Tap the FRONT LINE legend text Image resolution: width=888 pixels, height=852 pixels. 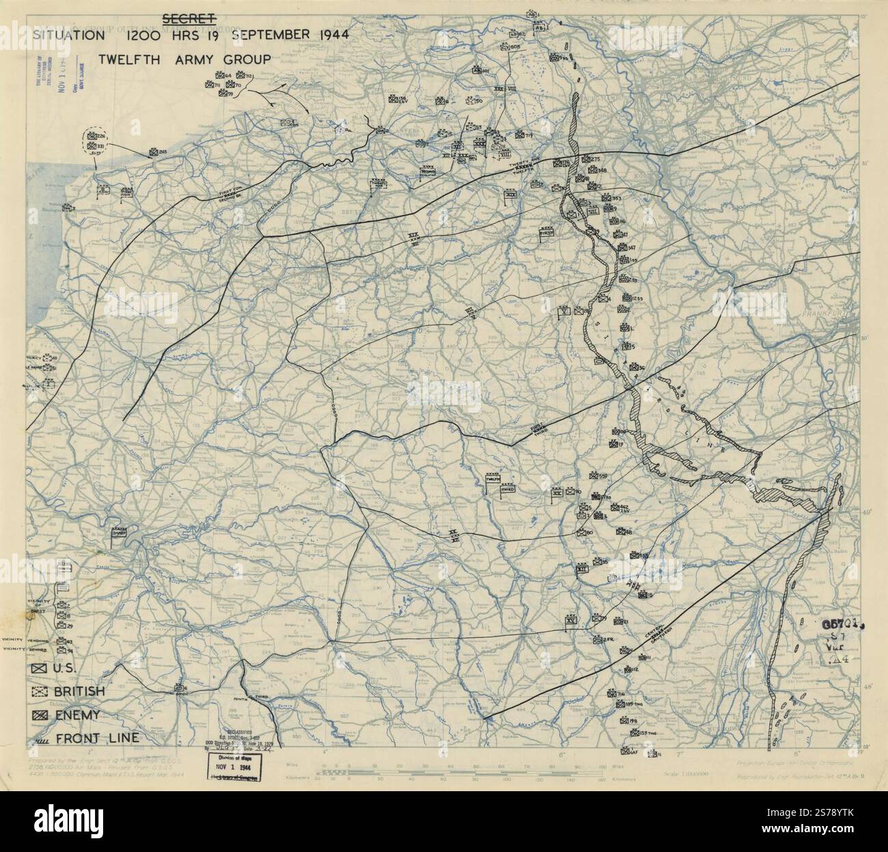(98, 738)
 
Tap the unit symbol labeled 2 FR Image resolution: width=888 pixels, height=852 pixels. (598, 639)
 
